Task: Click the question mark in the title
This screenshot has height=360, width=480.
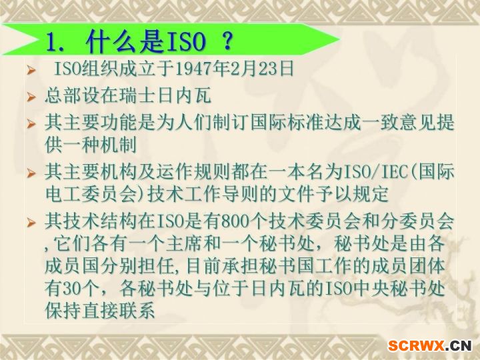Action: point(227,41)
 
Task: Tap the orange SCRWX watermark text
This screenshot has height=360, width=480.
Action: point(416,345)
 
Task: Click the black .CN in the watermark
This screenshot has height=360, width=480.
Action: point(459,346)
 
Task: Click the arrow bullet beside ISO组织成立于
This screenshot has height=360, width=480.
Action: point(31,70)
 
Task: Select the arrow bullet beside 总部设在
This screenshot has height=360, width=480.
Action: point(31,97)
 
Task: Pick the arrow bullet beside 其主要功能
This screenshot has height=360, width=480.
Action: point(31,124)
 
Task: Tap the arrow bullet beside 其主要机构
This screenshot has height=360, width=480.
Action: point(31,173)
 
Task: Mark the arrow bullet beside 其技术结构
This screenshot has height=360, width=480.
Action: point(31,223)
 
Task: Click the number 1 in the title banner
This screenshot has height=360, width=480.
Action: point(52,41)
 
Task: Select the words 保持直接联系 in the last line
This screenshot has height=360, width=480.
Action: point(100,311)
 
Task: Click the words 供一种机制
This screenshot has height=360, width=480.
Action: point(91,145)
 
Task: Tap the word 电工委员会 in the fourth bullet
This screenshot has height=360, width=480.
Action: point(91,194)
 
